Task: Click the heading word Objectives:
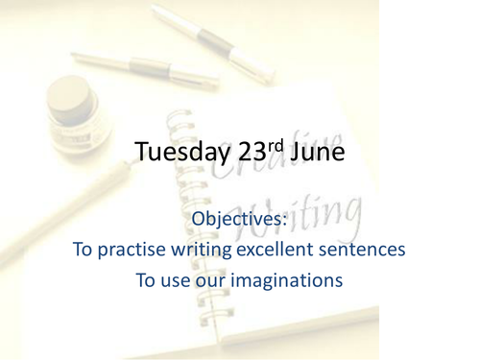(239, 219)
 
